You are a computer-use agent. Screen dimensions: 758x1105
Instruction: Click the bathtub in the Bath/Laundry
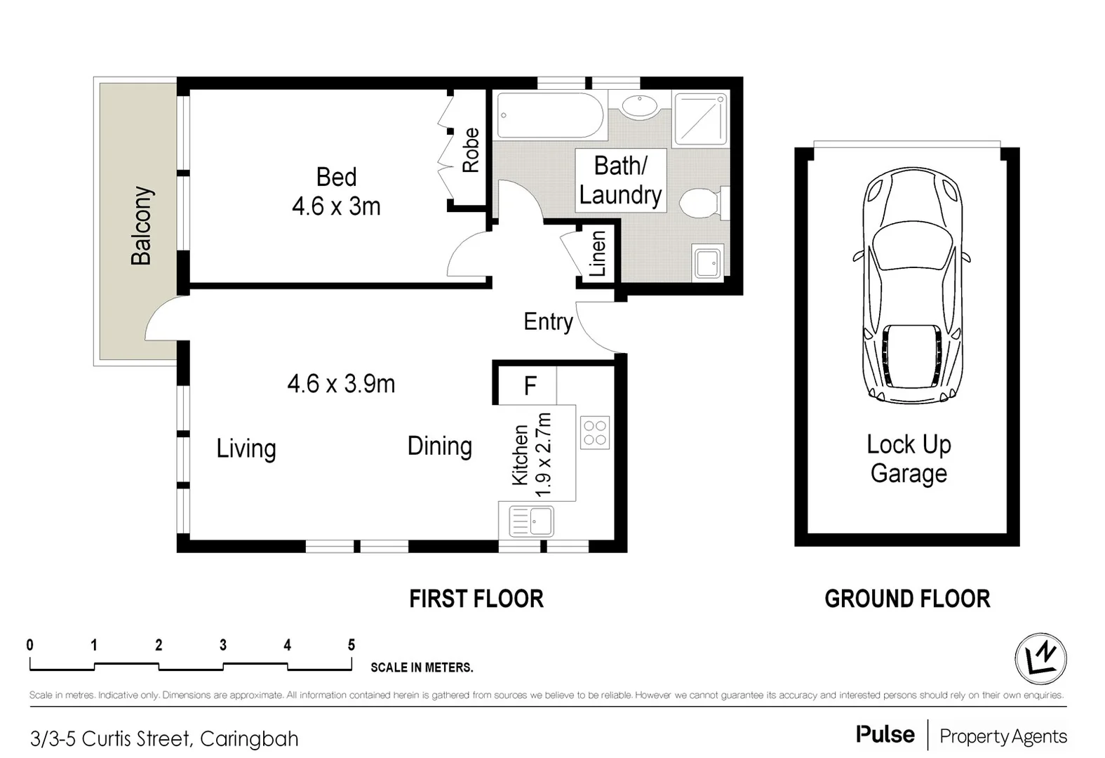tap(550, 116)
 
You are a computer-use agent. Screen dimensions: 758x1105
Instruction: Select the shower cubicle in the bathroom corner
tap(700, 118)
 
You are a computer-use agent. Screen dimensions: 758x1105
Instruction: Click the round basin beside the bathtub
tap(639, 107)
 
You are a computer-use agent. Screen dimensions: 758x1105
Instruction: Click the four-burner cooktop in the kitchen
tap(595, 432)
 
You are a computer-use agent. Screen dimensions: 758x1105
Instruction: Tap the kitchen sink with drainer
tap(531, 521)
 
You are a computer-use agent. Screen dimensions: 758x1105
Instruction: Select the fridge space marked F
tap(530, 385)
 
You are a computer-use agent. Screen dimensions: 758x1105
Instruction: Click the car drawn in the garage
tap(911, 286)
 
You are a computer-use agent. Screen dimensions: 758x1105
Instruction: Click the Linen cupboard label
tap(597, 253)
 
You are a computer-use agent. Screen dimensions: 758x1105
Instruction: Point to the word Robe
tap(471, 149)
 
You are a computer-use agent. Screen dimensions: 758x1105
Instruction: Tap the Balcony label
tap(142, 225)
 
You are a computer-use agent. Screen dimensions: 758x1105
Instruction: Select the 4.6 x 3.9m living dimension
tap(341, 384)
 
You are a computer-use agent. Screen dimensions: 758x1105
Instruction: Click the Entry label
tap(548, 321)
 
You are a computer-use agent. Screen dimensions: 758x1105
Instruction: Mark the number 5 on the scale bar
tap(351, 644)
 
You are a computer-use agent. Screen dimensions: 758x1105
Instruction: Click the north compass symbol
tap(1040, 659)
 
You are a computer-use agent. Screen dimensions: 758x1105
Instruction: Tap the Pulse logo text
tap(885, 735)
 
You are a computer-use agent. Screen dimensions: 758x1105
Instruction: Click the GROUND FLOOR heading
tap(906, 599)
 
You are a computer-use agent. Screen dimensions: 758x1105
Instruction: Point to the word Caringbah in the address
tap(249, 738)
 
